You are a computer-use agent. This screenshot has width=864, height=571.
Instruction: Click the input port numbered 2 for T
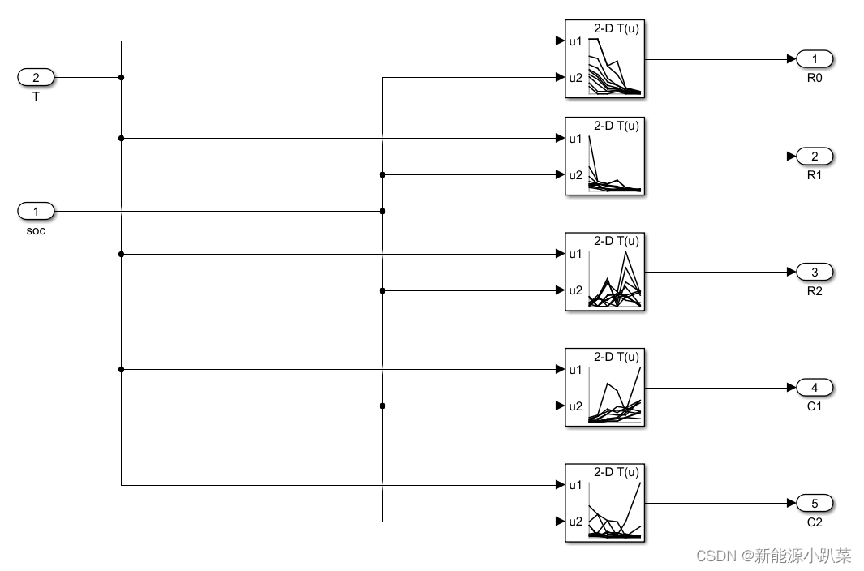coord(36,78)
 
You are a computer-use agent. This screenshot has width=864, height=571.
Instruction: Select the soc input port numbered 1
coord(36,212)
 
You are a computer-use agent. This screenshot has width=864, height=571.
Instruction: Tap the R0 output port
coord(815,58)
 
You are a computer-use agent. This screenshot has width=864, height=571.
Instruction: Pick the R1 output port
coord(815,157)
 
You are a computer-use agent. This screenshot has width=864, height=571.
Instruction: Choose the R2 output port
coord(815,272)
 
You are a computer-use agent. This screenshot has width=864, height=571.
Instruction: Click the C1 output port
coord(815,387)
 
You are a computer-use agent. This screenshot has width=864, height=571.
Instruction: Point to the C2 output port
coord(815,503)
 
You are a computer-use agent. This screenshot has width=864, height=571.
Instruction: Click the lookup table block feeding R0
coord(604,59)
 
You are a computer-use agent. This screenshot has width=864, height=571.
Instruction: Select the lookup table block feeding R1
coord(604,157)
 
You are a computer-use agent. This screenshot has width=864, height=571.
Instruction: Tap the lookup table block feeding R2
coord(604,272)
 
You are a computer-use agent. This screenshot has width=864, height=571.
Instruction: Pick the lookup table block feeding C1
coord(604,387)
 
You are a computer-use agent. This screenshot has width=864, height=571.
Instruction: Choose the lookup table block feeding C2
coord(604,503)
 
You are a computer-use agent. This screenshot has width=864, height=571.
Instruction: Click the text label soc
coord(36,230)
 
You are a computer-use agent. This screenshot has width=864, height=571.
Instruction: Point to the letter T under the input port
coord(36,97)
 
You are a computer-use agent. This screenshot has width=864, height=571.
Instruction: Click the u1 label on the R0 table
coord(574,41)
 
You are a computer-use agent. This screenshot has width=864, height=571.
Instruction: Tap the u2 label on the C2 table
coord(574,521)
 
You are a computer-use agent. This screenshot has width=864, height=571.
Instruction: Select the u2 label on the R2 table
coord(574,290)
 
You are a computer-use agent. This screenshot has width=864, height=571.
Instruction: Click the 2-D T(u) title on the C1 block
coord(617,357)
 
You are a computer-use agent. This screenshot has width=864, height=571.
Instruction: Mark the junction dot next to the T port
coord(121,78)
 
